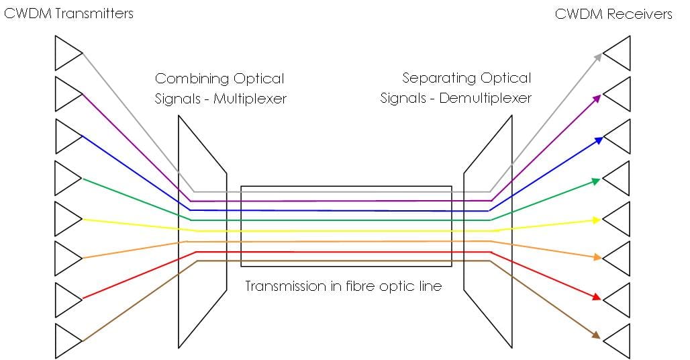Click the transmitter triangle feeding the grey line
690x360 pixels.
(67, 52)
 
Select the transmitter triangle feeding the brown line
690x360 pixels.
(67, 341)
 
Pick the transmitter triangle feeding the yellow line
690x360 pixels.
(67, 218)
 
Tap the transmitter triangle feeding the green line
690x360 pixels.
(67, 177)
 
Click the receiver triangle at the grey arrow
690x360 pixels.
(618, 52)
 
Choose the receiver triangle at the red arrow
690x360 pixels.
(618, 300)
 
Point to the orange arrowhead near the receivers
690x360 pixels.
(596, 257)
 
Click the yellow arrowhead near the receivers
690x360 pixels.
(596, 220)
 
